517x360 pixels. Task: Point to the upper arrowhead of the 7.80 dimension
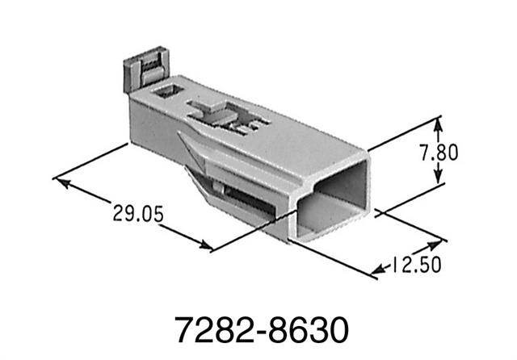click(x=439, y=123)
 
